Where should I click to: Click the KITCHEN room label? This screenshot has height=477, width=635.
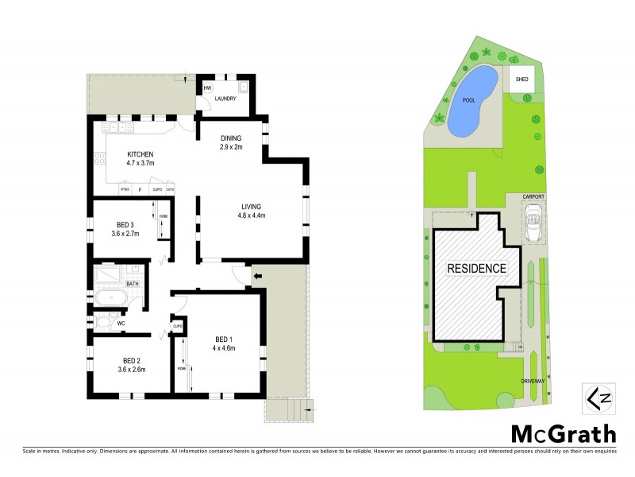(x=140, y=153)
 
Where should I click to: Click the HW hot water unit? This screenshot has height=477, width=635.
(x=208, y=87)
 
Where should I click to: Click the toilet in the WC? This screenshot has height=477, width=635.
(x=103, y=323)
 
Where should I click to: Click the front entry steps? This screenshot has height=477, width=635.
(x=291, y=409)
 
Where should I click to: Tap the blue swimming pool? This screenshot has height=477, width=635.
(x=472, y=100)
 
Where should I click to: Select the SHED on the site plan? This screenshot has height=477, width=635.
(x=521, y=79)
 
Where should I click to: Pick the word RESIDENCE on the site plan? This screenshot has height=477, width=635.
(x=476, y=268)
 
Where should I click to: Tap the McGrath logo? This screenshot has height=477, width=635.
(x=562, y=433)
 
